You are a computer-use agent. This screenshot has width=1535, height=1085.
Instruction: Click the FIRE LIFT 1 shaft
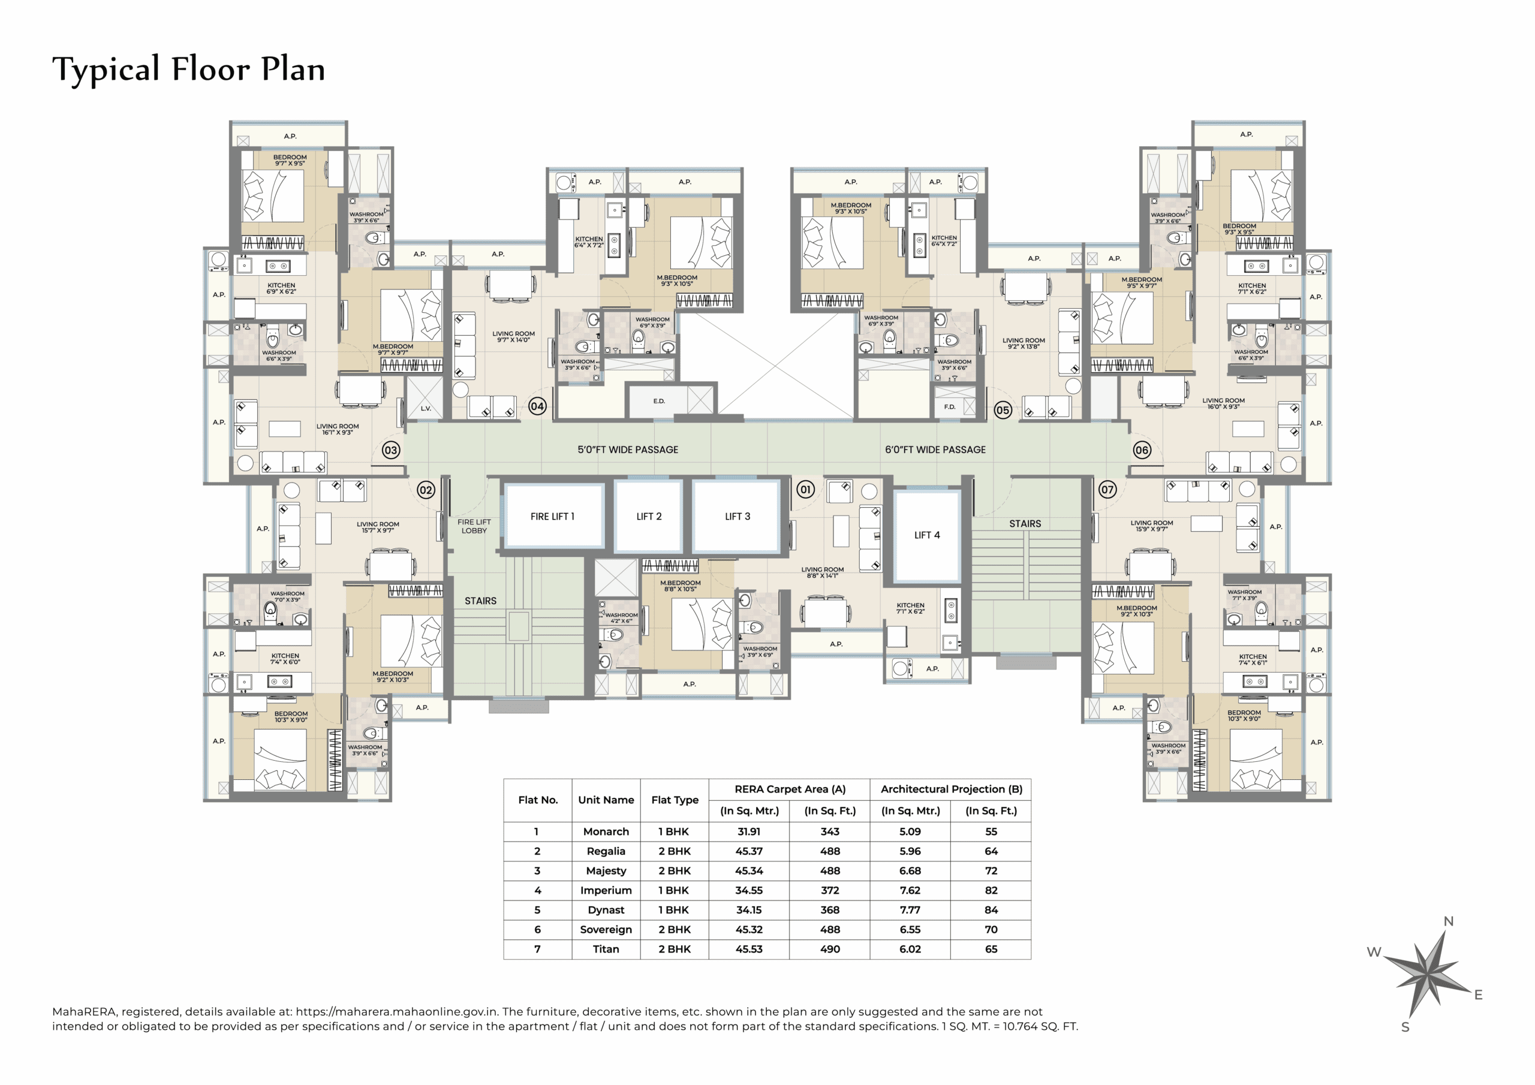pyautogui.click(x=552, y=516)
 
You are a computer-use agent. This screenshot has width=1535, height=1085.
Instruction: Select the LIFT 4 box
pyautogui.click(x=926, y=535)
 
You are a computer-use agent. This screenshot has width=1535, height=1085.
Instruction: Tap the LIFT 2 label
pyautogui.click(x=649, y=516)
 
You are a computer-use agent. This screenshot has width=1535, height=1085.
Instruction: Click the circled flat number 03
pyautogui.click(x=391, y=450)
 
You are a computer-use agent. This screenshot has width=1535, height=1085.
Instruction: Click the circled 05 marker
pyautogui.click(x=1003, y=410)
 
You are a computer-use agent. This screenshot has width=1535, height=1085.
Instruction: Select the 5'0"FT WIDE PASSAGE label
pyautogui.click(x=628, y=450)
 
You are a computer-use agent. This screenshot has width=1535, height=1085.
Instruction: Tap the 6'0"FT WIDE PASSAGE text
pyautogui.click(x=935, y=450)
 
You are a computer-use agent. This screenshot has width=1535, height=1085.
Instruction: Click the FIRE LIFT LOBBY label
pyautogui.click(x=474, y=526)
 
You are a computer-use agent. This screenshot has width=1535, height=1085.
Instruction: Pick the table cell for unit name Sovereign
pyautogui.click(x=606, y=929)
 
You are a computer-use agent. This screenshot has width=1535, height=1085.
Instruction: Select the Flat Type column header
pyautogui.click(x=675, y=800)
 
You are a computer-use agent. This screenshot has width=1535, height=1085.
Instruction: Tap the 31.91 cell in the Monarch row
pyautogui.click(x=749, y=831)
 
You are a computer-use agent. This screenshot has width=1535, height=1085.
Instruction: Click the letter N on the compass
pyautogui.click(x=1448, y=921)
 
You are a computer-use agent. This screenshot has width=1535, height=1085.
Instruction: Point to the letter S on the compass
pyautogui.click(x=1405, y=1027)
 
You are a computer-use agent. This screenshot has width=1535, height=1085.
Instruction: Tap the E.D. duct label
pyautogui.click(x=659, y=401)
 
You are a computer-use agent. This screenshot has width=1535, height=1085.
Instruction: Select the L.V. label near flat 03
pyautogui.click(x=426, y=408)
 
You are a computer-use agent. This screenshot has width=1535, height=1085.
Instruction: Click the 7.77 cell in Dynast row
pyautogui.click(x=910, y=910)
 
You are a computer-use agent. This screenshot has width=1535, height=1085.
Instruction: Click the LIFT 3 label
pyautogui.click(x=738, y=516)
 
